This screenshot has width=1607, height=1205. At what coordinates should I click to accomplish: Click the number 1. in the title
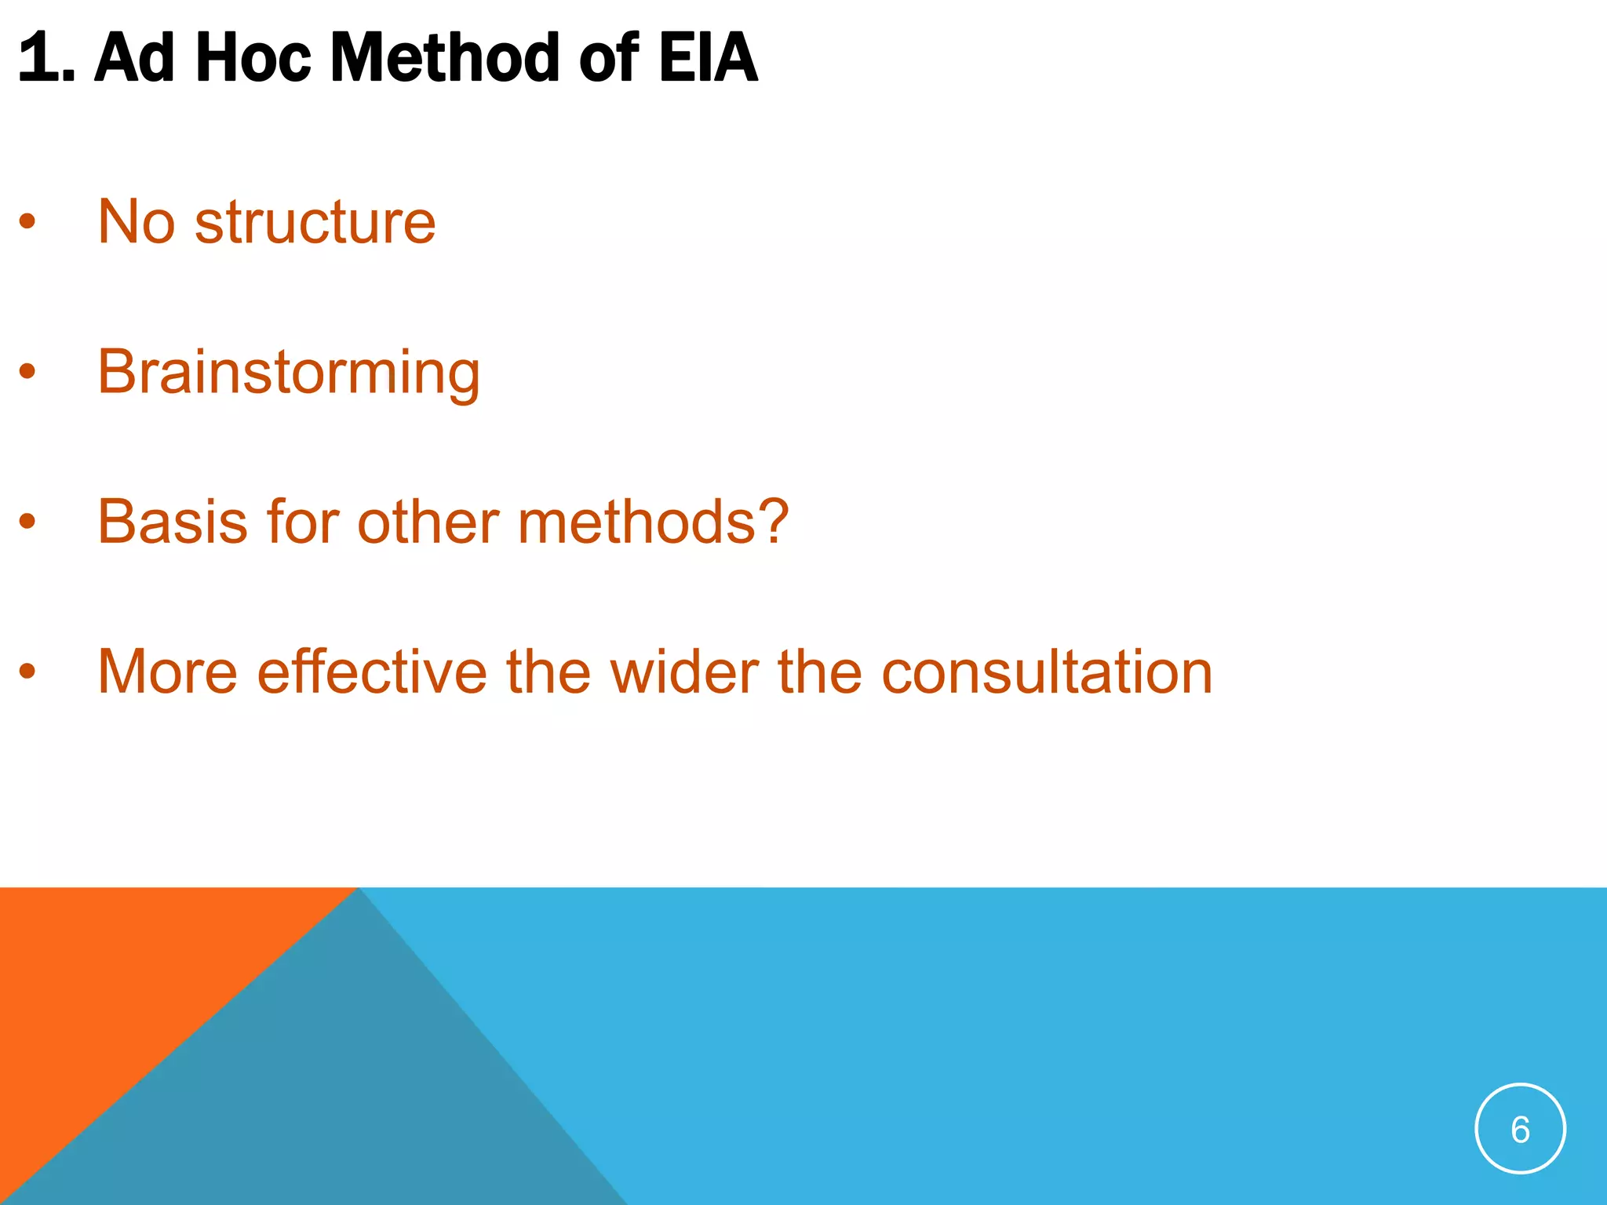click(46, 58)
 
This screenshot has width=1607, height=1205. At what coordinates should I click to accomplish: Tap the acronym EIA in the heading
click(708, 58)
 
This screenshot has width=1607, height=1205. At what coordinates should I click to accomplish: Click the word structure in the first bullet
click(315, 222)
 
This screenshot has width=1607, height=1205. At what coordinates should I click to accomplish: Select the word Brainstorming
click(288, 373)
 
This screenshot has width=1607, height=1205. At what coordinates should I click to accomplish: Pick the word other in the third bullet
click(428, 522)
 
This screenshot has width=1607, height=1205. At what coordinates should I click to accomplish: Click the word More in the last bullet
click(167, 672)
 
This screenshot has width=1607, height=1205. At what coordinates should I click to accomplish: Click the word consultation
click(1047, 672)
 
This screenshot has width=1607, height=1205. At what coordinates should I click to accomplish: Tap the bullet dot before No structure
click(27, 222)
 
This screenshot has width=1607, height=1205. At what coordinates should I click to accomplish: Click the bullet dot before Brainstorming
click(27, 371)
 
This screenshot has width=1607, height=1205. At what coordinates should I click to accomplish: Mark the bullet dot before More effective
click(27, 672)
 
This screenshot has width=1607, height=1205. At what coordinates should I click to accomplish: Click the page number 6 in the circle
click(1520, 1130)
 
